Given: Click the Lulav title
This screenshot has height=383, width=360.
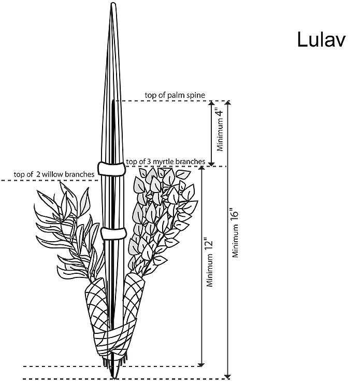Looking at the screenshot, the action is click(321, 40).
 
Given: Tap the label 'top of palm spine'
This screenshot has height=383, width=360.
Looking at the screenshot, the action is click(175, 95).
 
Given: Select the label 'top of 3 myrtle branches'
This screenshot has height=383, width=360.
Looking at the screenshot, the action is click(165, 161).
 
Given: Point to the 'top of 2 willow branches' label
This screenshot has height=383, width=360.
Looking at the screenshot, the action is click(54, 174).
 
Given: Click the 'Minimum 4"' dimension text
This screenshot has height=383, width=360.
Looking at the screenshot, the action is click(220, 130).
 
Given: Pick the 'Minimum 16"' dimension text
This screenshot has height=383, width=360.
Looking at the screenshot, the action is click(235, 232).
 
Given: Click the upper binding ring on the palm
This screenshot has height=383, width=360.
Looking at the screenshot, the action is click(112, 169).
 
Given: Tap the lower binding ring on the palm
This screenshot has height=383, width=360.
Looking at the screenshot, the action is click(113, 233).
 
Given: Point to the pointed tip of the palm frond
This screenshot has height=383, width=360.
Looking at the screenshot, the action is click(113, 3).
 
